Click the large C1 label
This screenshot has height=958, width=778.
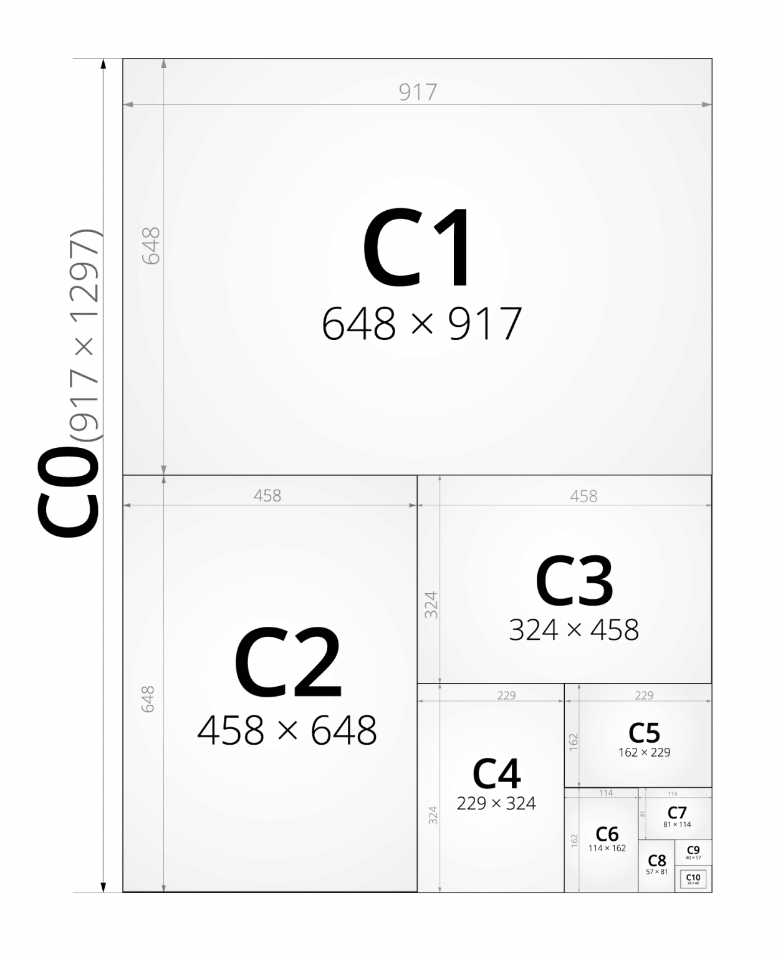click(x=416, y=248)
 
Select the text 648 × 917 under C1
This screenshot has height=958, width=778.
click(x=421, y=324)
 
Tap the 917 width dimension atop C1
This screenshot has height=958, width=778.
click(x=418, y=92)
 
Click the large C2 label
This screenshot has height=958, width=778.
click(x=287, y=664)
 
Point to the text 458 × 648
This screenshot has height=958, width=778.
click(x=287, y=730)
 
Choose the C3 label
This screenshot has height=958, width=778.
click(x=574, y=581)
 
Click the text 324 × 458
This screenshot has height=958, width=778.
click(x=574, y=630)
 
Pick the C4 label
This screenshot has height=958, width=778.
click(x=496, y=774)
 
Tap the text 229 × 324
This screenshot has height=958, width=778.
click(x=496, y=803)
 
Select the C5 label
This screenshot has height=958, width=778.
click(x=644, y=733)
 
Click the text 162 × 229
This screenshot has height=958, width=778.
click(x=644, y=752)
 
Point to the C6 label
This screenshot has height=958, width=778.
click(x=607, y=834)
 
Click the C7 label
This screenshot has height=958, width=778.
click(x=677, y=813)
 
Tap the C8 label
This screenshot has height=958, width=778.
click(x=657, y=861)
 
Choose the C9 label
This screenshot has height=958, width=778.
click(x=693, y=850)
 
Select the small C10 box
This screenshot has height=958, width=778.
click(x=693, y=879)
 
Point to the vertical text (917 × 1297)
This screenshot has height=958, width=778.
click(x=85, y=336)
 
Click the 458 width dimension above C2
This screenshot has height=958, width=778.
click(x=267, y=496)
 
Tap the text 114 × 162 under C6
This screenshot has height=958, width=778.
click(x=607, y=848)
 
